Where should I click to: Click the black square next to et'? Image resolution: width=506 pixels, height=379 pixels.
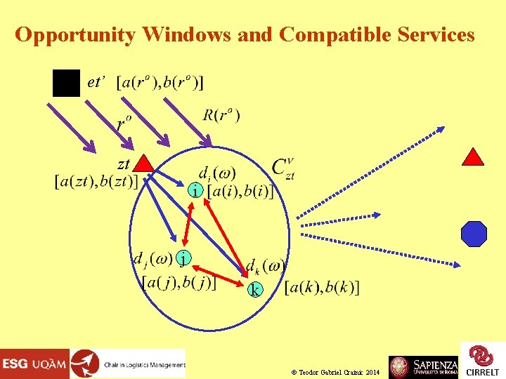coord(66,84)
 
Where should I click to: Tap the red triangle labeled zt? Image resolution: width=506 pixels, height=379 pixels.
coord(143,164)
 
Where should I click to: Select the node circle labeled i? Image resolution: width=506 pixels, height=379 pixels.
coord(197,191)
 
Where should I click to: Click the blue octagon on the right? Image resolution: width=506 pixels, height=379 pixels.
coord(474,234)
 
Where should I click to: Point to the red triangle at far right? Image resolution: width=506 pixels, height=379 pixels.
coord(473,157)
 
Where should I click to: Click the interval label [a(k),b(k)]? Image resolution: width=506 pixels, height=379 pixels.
coord(322,288)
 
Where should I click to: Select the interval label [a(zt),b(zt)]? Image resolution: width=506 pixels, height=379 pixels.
coord(96,181)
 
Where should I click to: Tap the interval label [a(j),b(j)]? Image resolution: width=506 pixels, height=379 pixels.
coord(179,282)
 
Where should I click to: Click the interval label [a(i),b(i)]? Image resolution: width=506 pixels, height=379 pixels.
coord(240,191)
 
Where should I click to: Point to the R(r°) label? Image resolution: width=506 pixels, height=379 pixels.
coord(221,115)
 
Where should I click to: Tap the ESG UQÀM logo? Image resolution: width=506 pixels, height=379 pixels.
coord(34,364)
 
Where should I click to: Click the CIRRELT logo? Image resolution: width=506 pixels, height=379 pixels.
coord(482,360)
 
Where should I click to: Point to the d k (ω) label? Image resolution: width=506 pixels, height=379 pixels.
coord(264,267)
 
